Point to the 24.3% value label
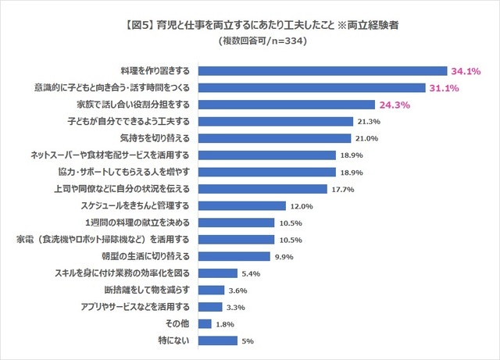(395, 105)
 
